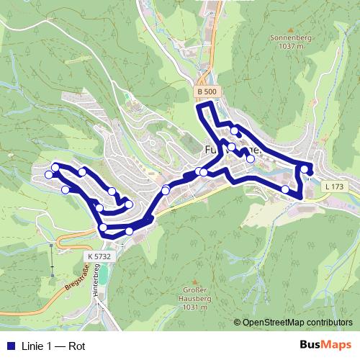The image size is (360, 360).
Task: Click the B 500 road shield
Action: pyautogui.click(x=206, y=91)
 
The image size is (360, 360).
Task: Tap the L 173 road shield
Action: pyautogui.click(x=333, y=186)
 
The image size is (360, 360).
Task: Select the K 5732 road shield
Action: pyautogui.click(x=99, y=256)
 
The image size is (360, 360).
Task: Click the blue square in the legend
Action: pyautogui.click(x=7, y=346)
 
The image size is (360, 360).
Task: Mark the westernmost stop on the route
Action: pyautogui.click(x=49, y=174)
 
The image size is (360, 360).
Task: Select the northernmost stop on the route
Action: pyautogui.click(x=235, y=130)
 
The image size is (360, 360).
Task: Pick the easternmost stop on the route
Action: pyautogui.click(x=310, y=170)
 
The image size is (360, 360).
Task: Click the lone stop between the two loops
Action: pyautogui.click(x=166, y=190)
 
